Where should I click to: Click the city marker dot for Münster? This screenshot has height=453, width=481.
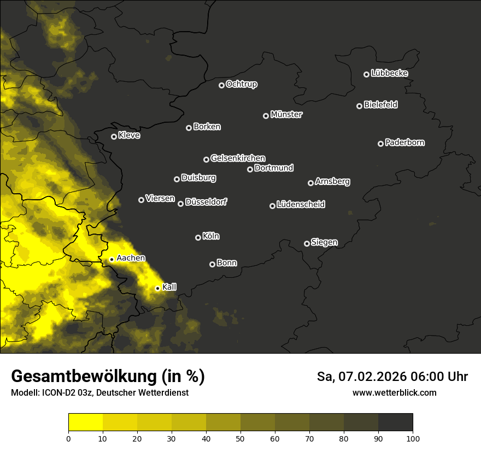[266, 116]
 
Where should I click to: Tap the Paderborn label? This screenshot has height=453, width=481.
[405, 142]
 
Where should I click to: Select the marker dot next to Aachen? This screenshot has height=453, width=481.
[112, 259]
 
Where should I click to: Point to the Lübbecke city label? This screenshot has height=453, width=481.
[389, 73]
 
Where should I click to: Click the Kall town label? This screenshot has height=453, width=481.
[169, 287]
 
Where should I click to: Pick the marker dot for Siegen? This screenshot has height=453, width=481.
[307, 243]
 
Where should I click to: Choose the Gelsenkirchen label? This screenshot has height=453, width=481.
[238, 158]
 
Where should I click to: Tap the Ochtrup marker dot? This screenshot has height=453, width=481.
[221, 85]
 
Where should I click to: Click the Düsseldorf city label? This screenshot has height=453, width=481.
[206, 202]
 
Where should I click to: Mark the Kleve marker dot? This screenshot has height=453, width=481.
[114, 136]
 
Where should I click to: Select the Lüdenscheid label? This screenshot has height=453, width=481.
[301, 204]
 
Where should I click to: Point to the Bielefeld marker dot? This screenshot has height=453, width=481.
[359, 106]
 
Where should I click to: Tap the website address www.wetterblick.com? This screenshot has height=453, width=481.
[394, 392]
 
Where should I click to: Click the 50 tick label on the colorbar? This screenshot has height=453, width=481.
[241, 438]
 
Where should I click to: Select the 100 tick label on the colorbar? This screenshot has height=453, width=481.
[413, 438]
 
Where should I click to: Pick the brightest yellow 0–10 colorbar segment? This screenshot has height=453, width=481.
[86, 422]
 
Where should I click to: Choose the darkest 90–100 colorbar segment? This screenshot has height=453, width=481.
[395, 422]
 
